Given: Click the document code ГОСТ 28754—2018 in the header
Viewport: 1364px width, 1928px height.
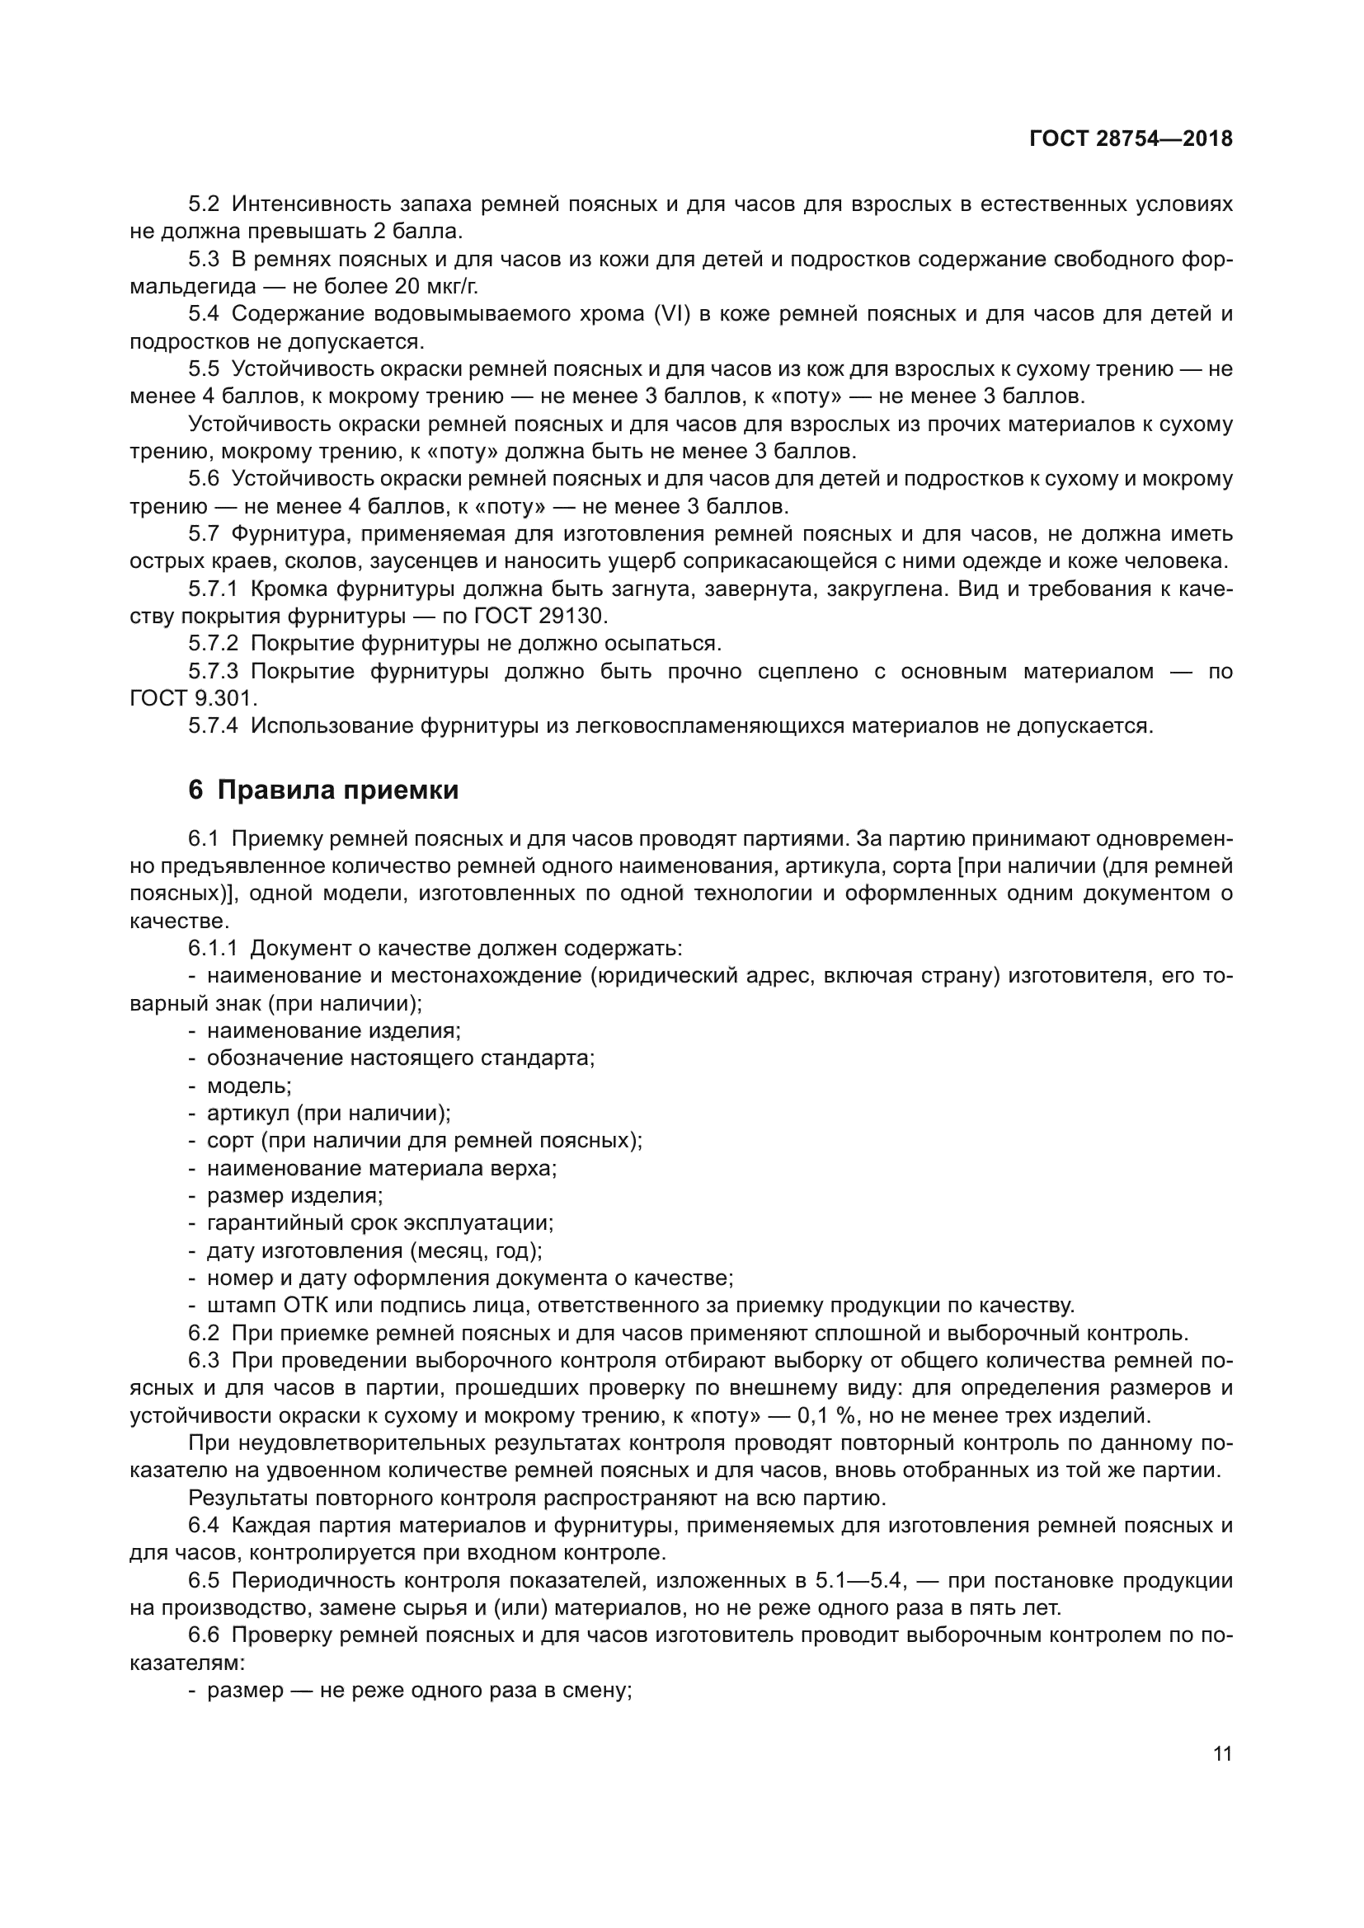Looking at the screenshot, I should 1131,138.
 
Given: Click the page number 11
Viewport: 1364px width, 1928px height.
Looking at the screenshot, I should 1222,1753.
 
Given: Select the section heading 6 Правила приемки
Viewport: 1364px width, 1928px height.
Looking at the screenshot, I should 323,790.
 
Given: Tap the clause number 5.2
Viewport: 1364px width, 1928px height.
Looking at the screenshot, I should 203,204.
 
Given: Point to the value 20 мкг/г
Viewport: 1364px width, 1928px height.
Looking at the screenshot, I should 436,286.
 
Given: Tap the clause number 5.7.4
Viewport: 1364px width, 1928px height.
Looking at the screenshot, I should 214,725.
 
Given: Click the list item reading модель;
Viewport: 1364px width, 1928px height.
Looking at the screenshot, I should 249,1086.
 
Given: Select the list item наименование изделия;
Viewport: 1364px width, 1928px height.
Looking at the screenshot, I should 333,1030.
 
